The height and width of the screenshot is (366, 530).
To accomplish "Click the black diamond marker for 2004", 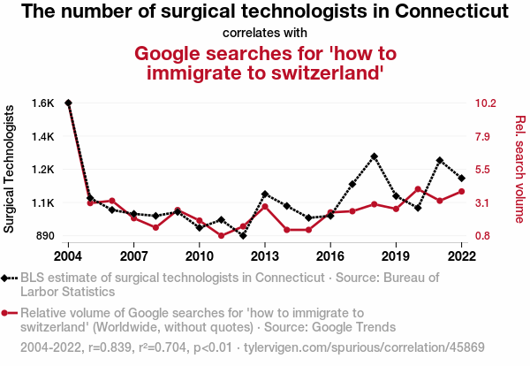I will tap(68, 103).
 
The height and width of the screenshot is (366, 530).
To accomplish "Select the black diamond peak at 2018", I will tap(375, 156).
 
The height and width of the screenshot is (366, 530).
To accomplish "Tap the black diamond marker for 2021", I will tap(440, 160).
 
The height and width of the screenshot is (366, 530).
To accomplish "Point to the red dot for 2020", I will tap(418, 189).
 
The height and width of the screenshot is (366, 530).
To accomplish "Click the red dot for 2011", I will tap(222, 235).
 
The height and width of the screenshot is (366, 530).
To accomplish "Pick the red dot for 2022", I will tap(461, 191).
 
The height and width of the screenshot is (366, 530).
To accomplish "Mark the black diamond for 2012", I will tap(243, 235).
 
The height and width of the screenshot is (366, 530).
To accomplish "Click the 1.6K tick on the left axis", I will tap(42, 103).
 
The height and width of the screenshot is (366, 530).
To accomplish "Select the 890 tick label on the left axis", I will tap(42, 236).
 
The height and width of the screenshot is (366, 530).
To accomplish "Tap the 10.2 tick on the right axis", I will tap(487, 103).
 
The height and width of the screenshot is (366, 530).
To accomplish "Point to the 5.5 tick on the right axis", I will tap(483, 169).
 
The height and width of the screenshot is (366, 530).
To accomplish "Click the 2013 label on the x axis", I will tap(265, 256).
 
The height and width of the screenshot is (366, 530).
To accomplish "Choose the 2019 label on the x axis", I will tap(396, 256).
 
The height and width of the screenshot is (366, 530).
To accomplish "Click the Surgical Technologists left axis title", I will tap(10, 169).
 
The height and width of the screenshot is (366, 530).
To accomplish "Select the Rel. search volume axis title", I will tap(520, 169).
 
